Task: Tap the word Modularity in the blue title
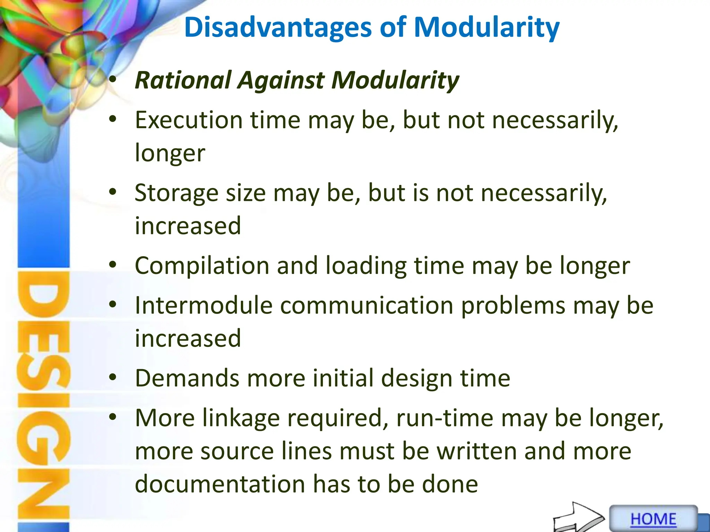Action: point(486,28)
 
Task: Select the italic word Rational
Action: point(183,80)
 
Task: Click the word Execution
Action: point(189,120)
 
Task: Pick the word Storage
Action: point(176,193)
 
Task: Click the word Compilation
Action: point(202,266)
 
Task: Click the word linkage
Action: point(241,418)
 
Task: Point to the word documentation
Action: point(220,484)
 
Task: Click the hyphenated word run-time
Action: point(444,418)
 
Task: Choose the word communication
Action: point(366,305)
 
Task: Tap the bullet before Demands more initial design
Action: point(112,378)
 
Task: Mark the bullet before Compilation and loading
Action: point(112,265)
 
